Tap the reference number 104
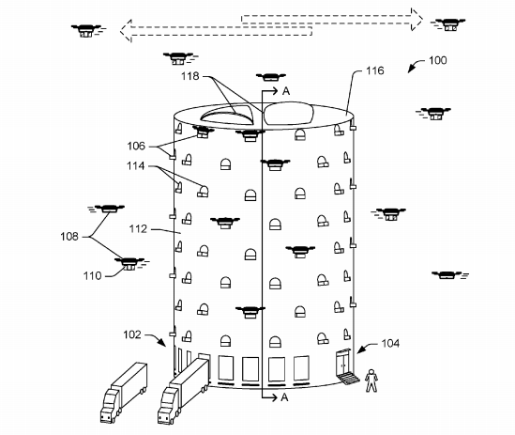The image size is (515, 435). [387, 345]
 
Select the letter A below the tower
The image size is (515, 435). [283, 397]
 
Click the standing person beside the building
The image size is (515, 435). [372, 379]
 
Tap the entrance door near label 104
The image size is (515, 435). [344, 363]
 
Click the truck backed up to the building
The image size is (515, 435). [181, 389]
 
